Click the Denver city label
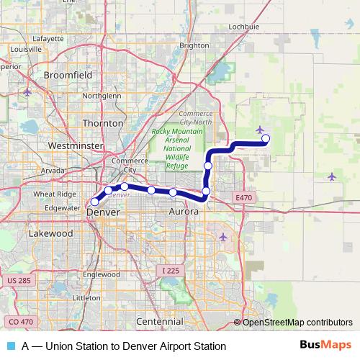[102, 213]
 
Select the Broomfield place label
[68, 74]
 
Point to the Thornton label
[104, 123]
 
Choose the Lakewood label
[51, 234]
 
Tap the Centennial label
[160, 320]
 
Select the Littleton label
[86, 297]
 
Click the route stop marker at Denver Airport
[266, 138]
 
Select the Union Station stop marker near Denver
[94, 202]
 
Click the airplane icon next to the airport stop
[259, 130]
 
